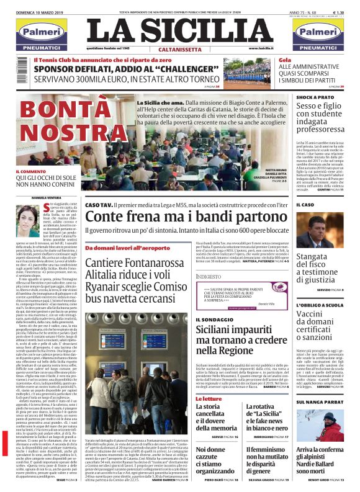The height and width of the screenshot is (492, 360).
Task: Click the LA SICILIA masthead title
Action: [180, 29]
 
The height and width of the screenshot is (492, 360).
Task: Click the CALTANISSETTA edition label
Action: [180, 48]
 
